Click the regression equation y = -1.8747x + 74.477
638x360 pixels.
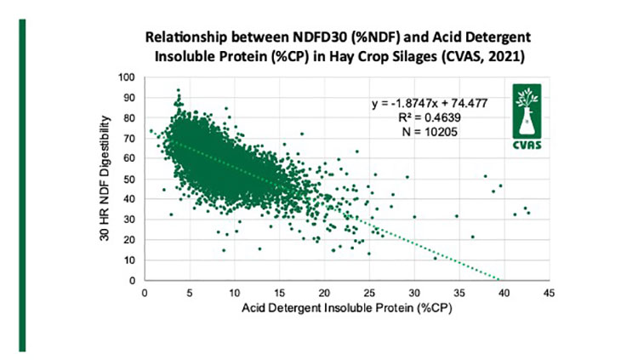(x=430, y=104)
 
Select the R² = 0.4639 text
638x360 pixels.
(x=430, y=117)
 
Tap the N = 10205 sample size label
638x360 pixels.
(x=430, y=132)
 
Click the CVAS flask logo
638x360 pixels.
(x=527, y=117)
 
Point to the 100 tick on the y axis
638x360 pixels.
(x=127, y=77)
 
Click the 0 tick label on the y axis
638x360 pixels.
(x=132, y=281)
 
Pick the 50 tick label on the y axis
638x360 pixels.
(x=129, y=180)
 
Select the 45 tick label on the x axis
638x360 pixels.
(x=549, y=293)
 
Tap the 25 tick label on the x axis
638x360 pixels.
(x=369, y=293)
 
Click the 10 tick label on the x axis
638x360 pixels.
(x=235, y=293)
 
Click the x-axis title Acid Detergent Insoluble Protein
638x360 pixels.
(x=347, y=308)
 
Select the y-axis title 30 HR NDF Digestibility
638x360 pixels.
(x=105, y=179)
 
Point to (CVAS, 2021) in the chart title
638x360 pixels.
(x=483, y=56)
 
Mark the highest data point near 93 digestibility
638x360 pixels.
(x=178, y=90)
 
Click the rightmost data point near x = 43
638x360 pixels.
(x=528, y=213)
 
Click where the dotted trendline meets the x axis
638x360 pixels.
(x=498, y=280)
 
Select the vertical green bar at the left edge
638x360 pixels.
(x=22, y=186)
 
